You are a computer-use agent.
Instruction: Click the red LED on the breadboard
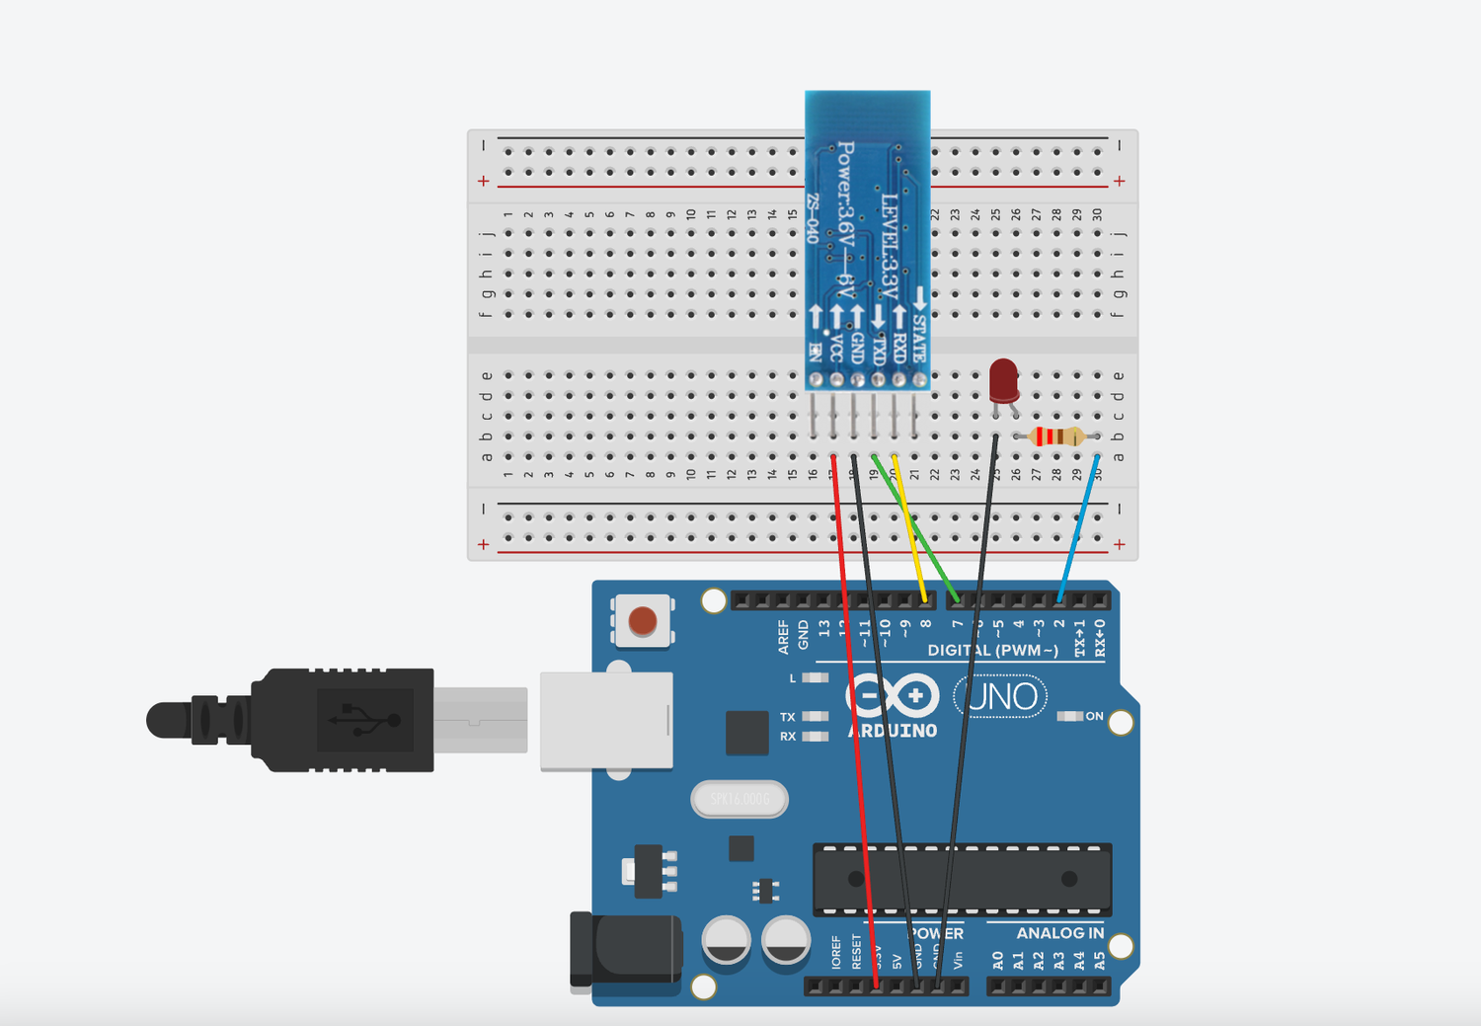1003,379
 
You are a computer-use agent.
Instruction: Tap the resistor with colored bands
1056,436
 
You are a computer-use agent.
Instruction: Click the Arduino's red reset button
643,621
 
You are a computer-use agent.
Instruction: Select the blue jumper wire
1078,528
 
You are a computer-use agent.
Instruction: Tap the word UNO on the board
1001,697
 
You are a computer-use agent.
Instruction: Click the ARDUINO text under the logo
893,732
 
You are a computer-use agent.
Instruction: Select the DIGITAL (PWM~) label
992,650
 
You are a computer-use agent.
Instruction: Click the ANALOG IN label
1059,933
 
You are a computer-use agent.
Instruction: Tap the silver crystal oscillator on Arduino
740,799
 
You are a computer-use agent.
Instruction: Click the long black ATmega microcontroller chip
962,879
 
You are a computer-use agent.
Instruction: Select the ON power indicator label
1094,716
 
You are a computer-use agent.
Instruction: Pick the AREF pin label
783,637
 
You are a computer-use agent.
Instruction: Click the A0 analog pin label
997,960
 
